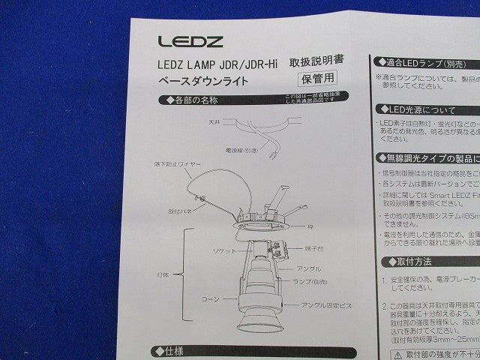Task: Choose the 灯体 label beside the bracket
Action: coord(169,273)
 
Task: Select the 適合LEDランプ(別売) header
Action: coord(420,64)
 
